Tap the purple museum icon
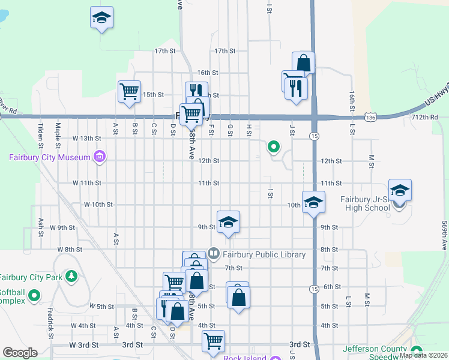click(99, 158)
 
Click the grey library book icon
click(213, 254)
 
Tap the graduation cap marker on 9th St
click(228, 223)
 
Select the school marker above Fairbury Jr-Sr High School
click(400, 191)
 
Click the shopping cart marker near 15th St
click(129, 92)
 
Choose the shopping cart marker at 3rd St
click(214, 341)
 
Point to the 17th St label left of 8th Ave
click(164, 51)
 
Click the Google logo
click(20, 352)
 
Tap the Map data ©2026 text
click(423, 355)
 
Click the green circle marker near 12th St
click(274, 146)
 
